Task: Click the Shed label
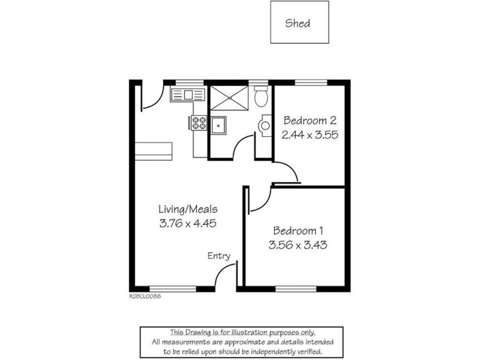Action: [x=298, y=23]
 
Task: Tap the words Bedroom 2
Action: [x=307, y=119]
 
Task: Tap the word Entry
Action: [x=219, y=256]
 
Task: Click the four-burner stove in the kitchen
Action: [x=199, y=123]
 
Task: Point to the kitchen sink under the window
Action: [x=187, y=94]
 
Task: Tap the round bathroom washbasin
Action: [x=265, y=125]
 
